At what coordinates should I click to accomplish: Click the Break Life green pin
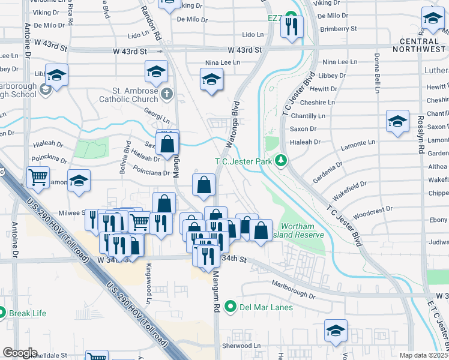[x=2, y=313]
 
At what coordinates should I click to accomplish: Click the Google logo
[x=19, y=353]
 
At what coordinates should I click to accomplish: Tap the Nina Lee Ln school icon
[x=211, y=80]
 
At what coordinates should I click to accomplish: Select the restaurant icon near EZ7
[x=292, y=27]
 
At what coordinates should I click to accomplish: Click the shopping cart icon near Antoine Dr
[x=38, y=177]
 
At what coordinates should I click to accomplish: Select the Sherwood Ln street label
[x=243, y=346]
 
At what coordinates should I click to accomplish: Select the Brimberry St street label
[x=339, y=28]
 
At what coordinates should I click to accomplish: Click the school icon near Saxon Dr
[x=397, y=122]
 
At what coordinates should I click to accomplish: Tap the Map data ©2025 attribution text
[x=424, y=355]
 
